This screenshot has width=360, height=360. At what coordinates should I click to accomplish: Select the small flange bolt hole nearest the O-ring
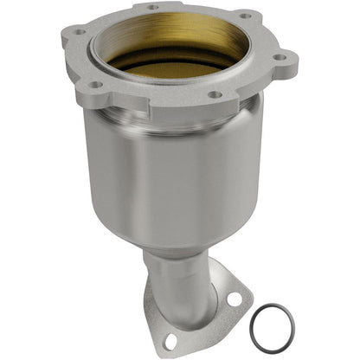[x=233, y=299]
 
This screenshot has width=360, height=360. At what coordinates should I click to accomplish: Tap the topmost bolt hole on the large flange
[x=152, y=7]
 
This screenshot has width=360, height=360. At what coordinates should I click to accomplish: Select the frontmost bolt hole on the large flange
[x=214, y=94]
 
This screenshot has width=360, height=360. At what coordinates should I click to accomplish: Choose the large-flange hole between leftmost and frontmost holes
[x=96, y=84]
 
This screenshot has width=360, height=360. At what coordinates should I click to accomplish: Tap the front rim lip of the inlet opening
[x=173, y=80]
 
